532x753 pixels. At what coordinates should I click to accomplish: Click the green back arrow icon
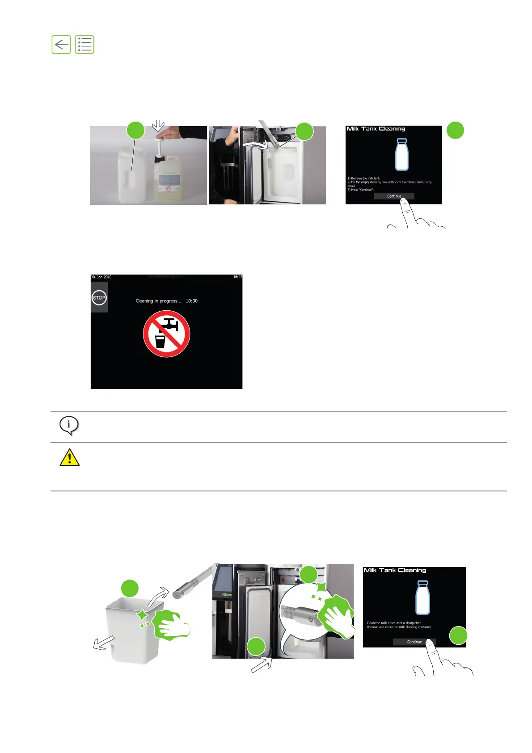click(61, 45)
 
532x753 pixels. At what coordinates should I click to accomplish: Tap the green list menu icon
click(84, 45)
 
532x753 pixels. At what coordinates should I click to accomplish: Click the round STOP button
click(99, 298)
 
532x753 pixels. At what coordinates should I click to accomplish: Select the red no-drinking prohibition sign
click(166, 334)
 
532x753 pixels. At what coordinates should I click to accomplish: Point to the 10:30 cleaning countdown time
click(192, 301)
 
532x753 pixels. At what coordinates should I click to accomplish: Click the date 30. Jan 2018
click(101, 277)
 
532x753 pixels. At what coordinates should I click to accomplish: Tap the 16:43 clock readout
click(237, 277)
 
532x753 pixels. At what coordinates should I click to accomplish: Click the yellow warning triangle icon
click(70, 457)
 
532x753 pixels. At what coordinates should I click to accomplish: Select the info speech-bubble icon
click(69, 425)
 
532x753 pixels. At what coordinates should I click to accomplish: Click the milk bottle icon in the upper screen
click(401, 154)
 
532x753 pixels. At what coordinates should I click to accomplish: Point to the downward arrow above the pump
click(158, 125)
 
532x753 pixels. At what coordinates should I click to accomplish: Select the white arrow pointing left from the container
click(104, 643)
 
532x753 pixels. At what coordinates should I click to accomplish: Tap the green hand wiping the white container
click(172, 625)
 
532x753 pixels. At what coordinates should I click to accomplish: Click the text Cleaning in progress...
click(158, 301)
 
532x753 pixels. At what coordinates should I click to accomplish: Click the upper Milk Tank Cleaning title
click(376, 129)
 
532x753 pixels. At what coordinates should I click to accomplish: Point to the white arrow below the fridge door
click(261, 664)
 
